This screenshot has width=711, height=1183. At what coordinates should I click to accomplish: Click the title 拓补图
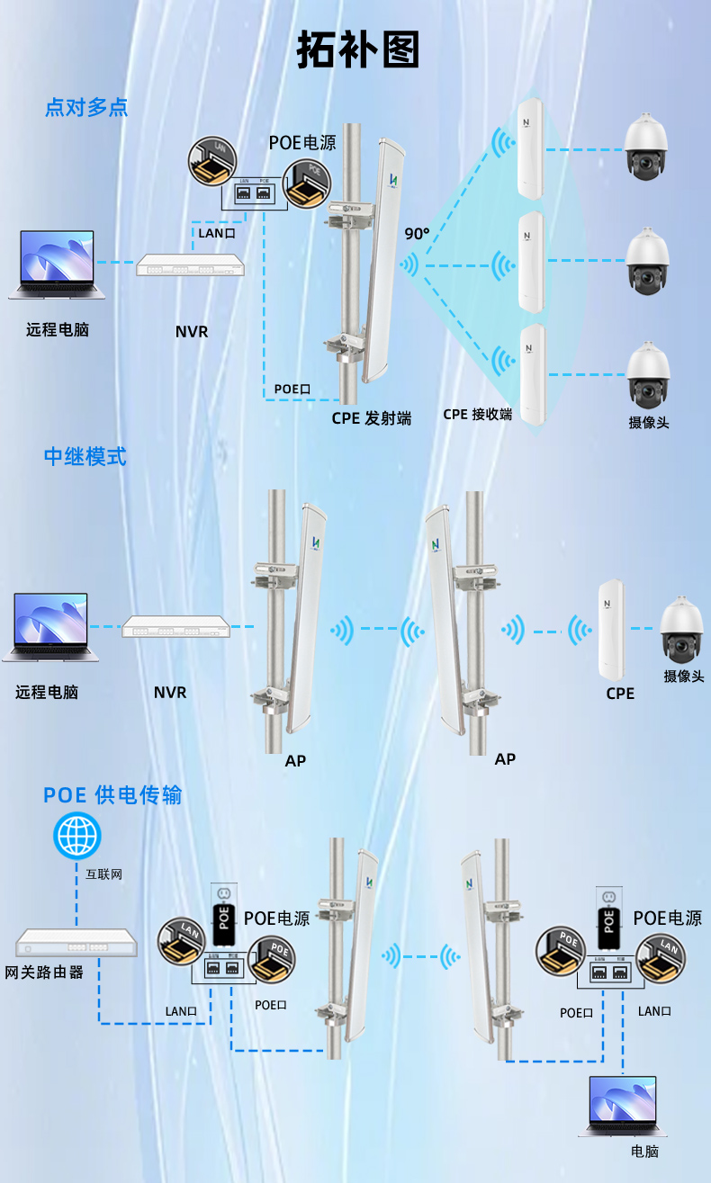tap(358, 50)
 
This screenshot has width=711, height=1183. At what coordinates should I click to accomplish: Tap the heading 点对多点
tap(86, 108)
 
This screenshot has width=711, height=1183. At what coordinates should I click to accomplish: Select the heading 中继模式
tap(85, 455)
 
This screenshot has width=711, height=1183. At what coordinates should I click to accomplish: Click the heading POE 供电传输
tap(112, 794)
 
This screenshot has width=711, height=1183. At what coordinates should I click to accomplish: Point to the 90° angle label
tap(417, 234)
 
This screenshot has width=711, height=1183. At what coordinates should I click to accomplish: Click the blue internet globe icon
tap(77, 836)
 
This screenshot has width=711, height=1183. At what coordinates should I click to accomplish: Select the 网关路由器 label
tap(44, 972)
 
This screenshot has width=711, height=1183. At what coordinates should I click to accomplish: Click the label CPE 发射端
tap(371, 417)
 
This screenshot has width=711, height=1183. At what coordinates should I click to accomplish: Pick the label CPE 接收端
tap(477, 415)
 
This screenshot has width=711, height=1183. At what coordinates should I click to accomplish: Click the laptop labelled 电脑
tap(623, 1106)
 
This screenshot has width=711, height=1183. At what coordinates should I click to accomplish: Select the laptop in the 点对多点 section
tap(56, 264)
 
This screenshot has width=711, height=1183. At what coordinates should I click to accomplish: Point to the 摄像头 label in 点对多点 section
tap(648, 422)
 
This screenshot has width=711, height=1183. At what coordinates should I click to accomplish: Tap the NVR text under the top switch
tap(192, 331)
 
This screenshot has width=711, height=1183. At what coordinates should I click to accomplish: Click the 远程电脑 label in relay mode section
tap(47, 693)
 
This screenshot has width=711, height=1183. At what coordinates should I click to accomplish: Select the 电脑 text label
tap(645, 1152)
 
